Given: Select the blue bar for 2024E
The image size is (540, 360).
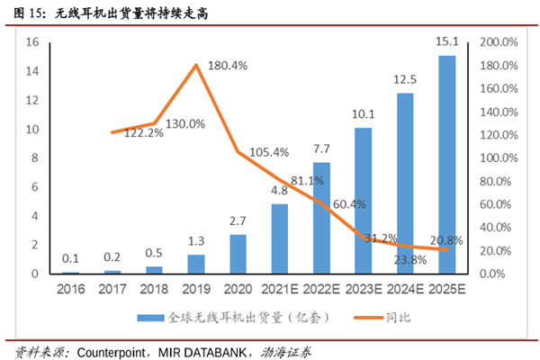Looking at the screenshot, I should [405, 184].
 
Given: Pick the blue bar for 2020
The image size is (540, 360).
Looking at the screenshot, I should [238, 254].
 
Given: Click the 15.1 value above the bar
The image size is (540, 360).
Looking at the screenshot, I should [446, 41].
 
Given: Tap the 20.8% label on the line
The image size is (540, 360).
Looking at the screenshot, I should [447, 239].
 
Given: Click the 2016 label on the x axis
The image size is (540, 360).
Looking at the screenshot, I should [70, 290].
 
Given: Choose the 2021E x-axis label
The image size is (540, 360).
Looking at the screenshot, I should [279, 290].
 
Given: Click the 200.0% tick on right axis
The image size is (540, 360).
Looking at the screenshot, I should [498, 42].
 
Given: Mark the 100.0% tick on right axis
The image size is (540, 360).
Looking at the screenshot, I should [498, 157].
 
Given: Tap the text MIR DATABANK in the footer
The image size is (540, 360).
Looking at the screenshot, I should [204, 349].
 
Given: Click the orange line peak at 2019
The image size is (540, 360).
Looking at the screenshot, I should [196, 65].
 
